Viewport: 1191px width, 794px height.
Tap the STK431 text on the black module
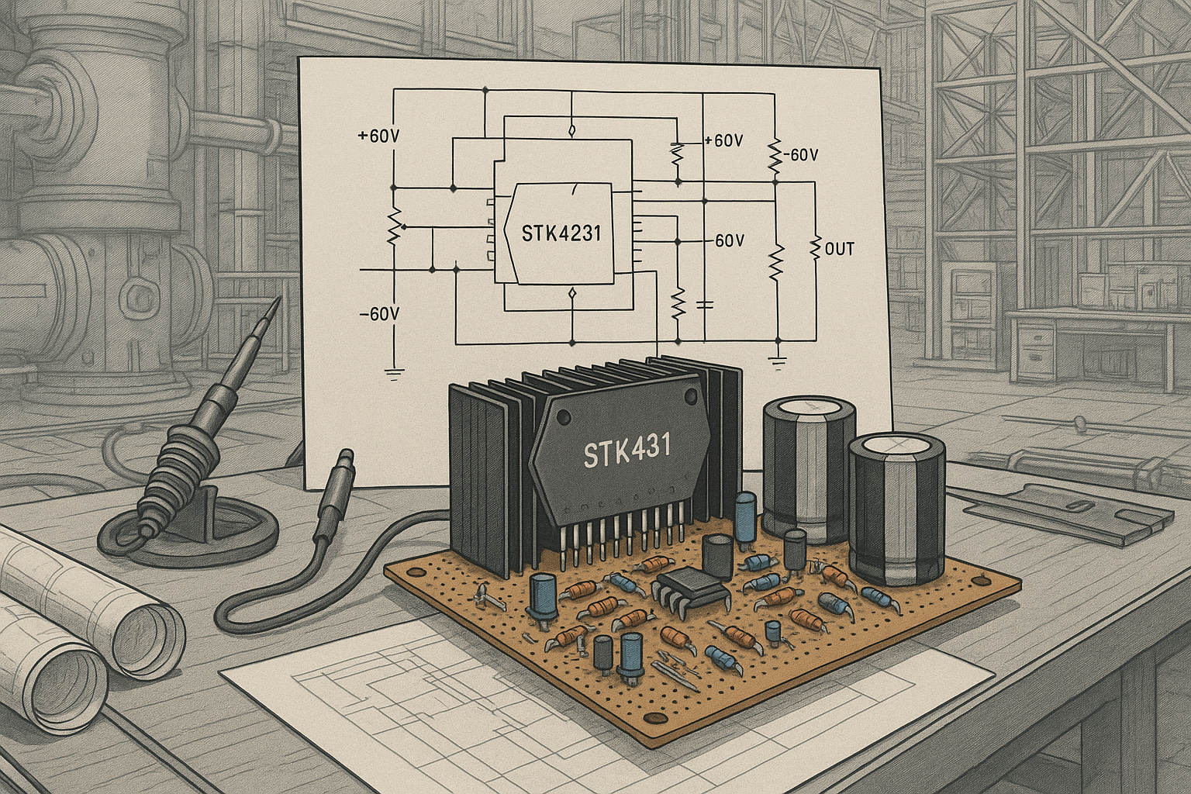[x=616, y=451]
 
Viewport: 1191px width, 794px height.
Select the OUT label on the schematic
[x=840, y=250]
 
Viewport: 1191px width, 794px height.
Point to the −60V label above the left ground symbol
[x=379, y=314]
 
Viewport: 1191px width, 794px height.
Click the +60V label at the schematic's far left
[x=378, y=136]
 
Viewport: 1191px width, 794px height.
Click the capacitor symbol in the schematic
[x=704, y=303]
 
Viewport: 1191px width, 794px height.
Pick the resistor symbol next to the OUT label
[x=815, y=249]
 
